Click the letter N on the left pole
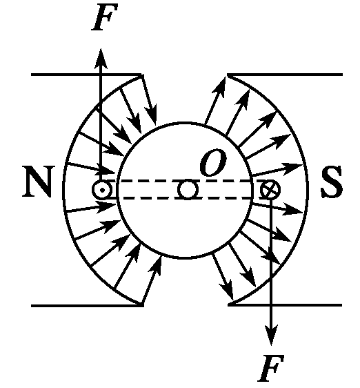37,182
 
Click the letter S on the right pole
332,182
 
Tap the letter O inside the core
214,162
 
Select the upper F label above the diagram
105,17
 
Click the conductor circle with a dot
102,190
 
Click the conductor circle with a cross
270,190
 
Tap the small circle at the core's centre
188,190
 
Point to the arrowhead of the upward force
101,58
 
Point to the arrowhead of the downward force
272,335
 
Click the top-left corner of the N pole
32,75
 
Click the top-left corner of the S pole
228,75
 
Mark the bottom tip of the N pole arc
142,305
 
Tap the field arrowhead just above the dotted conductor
107,171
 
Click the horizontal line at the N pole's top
86,75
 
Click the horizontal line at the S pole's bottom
285,305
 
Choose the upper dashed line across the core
186,181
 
